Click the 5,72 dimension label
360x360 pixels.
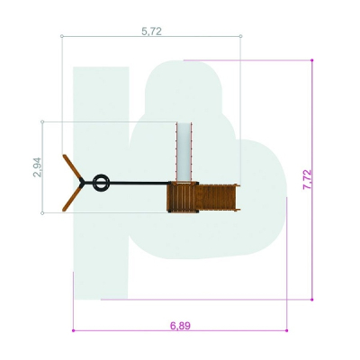click(x=151, y=31)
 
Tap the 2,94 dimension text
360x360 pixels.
click(x=38, y=167)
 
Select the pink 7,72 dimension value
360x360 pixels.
click(x=307, y=179)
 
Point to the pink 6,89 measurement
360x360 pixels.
click(x=180, y=326)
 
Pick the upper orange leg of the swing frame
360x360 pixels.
click(x=72, y=167)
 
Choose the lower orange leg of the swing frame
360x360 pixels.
click(x=72, y=198)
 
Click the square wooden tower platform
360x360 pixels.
click(x=183, y=197)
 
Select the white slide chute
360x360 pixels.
click(x=184, y=152)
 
